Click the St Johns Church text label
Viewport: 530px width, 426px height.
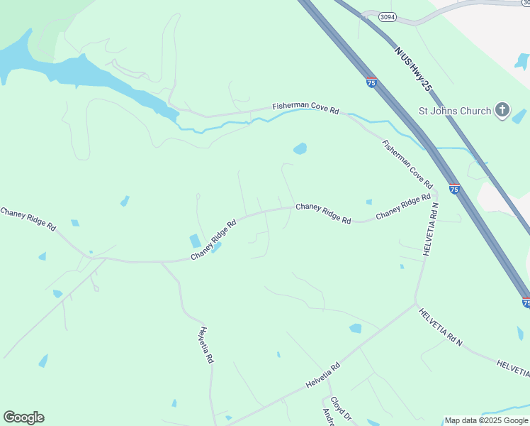(x=454, y=111)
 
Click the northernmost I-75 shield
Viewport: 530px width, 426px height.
(x=371, y=83)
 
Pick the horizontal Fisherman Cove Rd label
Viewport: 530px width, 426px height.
(x=306, y=109)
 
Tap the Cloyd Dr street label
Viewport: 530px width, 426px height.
(x=342, y=408)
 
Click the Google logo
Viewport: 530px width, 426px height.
(x=23, y=417)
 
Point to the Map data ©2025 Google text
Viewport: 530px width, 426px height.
(x=486, y=420)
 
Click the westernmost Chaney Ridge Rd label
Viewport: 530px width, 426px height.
(x=28, y=219)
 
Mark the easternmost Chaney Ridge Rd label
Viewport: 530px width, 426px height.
(x=403, y=206)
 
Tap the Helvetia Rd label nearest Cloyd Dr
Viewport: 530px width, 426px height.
(x=323, y=376)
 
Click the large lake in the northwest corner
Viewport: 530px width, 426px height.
(x=78, y=71)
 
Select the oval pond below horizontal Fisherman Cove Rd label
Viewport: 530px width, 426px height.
(x=300, y=149)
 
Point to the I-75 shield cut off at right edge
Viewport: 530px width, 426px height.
(x=526, y=302)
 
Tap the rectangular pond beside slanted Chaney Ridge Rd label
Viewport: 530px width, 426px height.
(x=195, y=241)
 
